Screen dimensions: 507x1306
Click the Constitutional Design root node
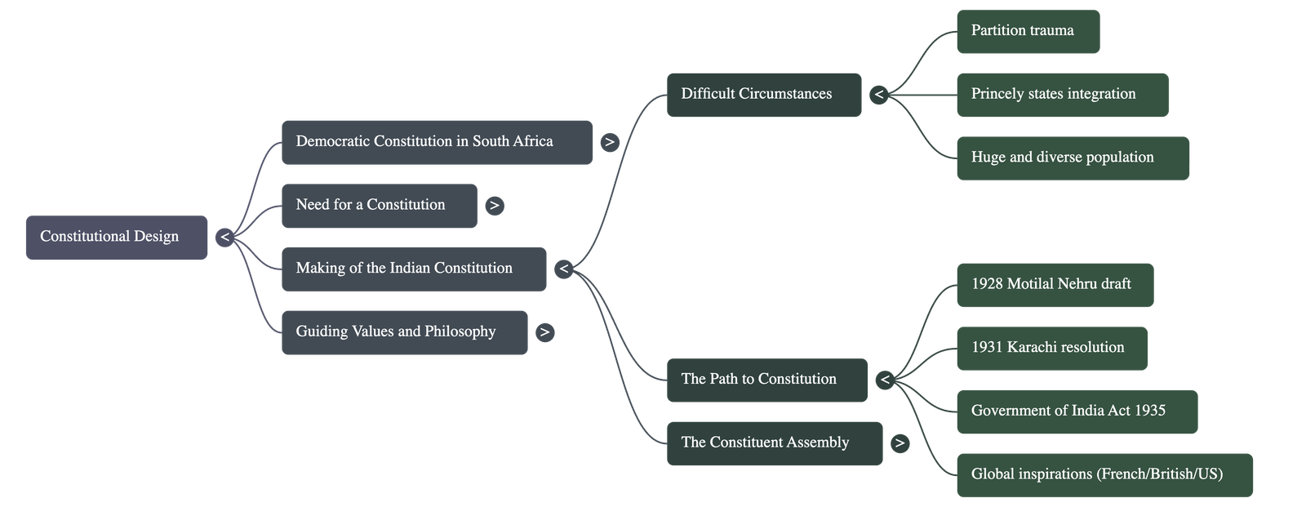117,238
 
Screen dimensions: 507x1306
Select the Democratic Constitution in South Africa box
437,142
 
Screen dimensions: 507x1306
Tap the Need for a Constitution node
379,206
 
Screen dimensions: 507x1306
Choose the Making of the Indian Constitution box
413,269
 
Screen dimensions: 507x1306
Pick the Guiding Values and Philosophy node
404,332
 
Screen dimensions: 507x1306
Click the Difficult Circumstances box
763,95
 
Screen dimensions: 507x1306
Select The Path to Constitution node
766,380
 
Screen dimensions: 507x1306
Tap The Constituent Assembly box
774,443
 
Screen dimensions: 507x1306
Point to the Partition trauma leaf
1028,31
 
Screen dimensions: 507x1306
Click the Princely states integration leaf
1062,95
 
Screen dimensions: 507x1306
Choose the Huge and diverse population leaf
1073,158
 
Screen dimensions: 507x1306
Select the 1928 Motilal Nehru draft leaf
1055,285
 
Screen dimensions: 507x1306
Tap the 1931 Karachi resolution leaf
1051,348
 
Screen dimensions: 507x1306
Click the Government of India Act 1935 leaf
1077,411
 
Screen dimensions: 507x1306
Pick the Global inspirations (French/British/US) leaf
1104,474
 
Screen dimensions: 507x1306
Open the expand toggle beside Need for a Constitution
494,206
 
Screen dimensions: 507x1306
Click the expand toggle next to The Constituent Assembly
900,443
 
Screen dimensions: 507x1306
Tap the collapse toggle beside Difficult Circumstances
878,95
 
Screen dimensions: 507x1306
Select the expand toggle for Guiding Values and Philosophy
544,332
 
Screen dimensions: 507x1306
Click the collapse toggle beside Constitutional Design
224,238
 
